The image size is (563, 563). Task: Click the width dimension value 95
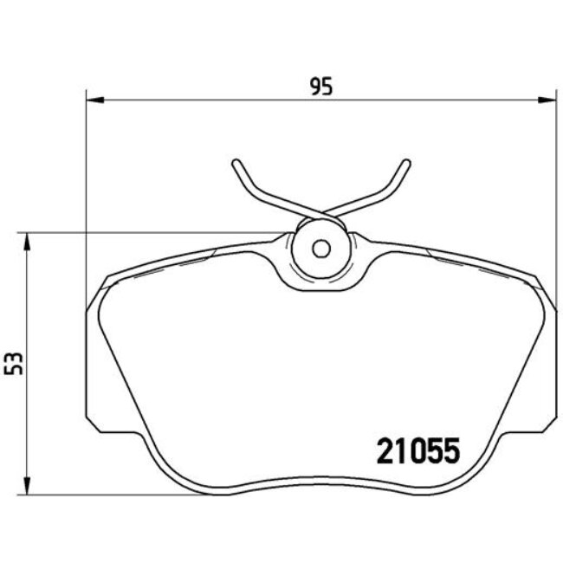321,86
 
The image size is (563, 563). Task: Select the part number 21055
417,451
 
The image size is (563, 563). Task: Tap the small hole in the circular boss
320,249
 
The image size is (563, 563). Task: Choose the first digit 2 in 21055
385,451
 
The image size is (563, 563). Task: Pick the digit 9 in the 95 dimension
315,86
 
